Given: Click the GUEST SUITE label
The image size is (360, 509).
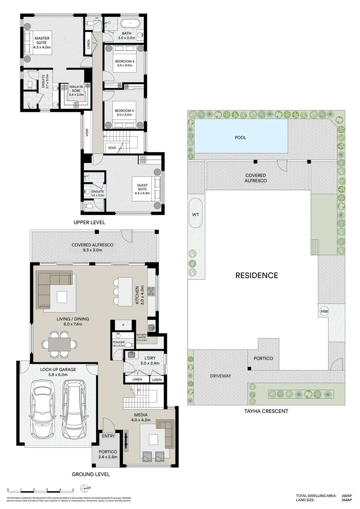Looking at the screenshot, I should tap(142, 189).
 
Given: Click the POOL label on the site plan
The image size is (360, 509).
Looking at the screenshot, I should tap(240, 138).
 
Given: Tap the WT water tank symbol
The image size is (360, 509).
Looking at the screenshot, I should tap(196, 214).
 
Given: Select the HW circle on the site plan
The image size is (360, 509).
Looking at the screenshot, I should tap(324, 311).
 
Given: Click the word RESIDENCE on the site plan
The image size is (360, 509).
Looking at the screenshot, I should tap(256, 276).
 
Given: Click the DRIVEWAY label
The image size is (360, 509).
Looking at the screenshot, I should tap(221, 376).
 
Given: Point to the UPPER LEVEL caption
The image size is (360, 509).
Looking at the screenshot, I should tap(89, 222).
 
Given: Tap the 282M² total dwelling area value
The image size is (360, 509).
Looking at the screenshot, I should tap(348, 496).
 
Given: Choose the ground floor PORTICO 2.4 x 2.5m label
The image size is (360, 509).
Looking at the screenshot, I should tap(108, 454).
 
